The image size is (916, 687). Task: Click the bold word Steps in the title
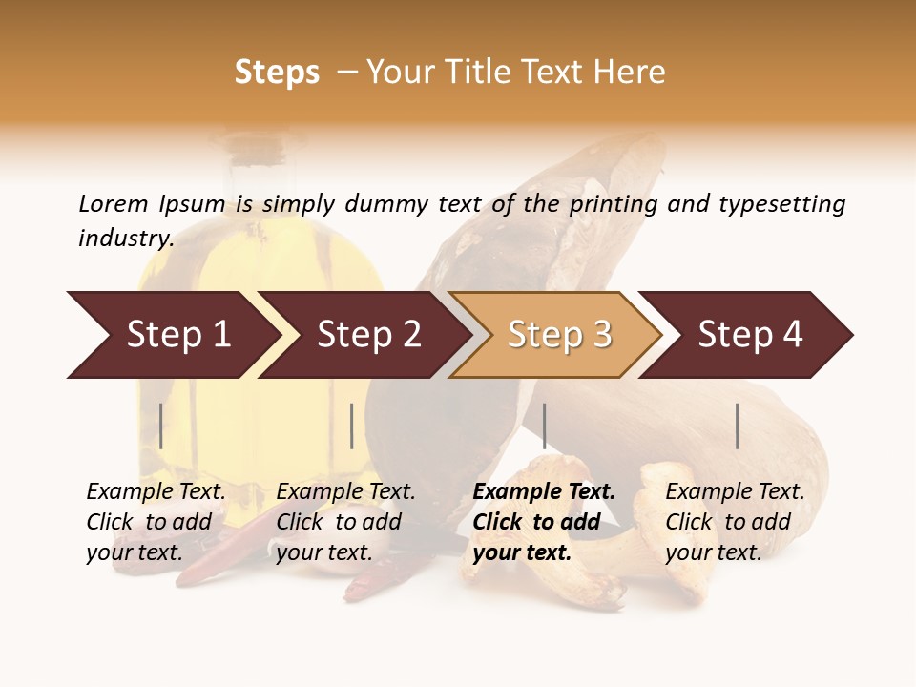point(277,73)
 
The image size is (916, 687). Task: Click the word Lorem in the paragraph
point(114,203)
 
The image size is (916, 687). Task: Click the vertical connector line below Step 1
point(161,426)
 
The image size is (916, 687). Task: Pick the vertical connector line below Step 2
point(352,426)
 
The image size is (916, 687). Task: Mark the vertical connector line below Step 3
point(544,426)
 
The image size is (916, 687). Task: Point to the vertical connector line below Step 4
point(737,426)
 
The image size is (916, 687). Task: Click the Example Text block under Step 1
point(156,522)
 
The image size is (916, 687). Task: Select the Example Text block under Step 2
point(345,522)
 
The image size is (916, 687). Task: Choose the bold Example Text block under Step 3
point(544,522)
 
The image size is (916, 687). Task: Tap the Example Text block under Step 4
point(735,522)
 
